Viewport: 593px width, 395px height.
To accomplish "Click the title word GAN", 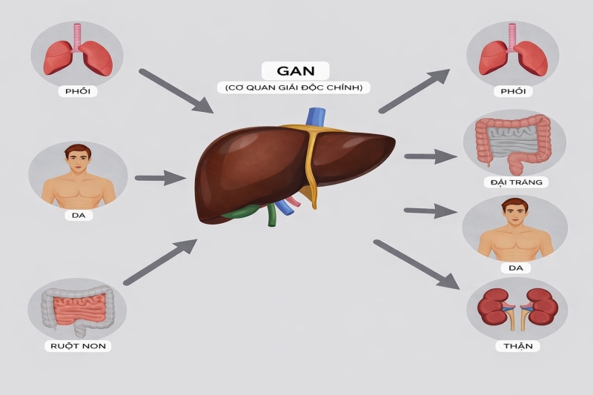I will click(295, 71).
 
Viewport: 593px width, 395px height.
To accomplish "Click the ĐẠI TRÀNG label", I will click(514, 182).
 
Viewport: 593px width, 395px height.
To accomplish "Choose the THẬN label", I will click(514, 346).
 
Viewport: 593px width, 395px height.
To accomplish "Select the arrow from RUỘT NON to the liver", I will click(159, 262).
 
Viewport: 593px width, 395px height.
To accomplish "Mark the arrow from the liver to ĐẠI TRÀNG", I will click(430, 156).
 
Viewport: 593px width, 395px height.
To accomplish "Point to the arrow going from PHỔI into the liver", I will click(175, 90).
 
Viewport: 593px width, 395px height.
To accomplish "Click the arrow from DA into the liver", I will click(160, 178).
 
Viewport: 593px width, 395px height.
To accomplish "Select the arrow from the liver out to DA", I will click(430, 211).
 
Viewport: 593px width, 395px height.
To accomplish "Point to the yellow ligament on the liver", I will click(310, 170).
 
